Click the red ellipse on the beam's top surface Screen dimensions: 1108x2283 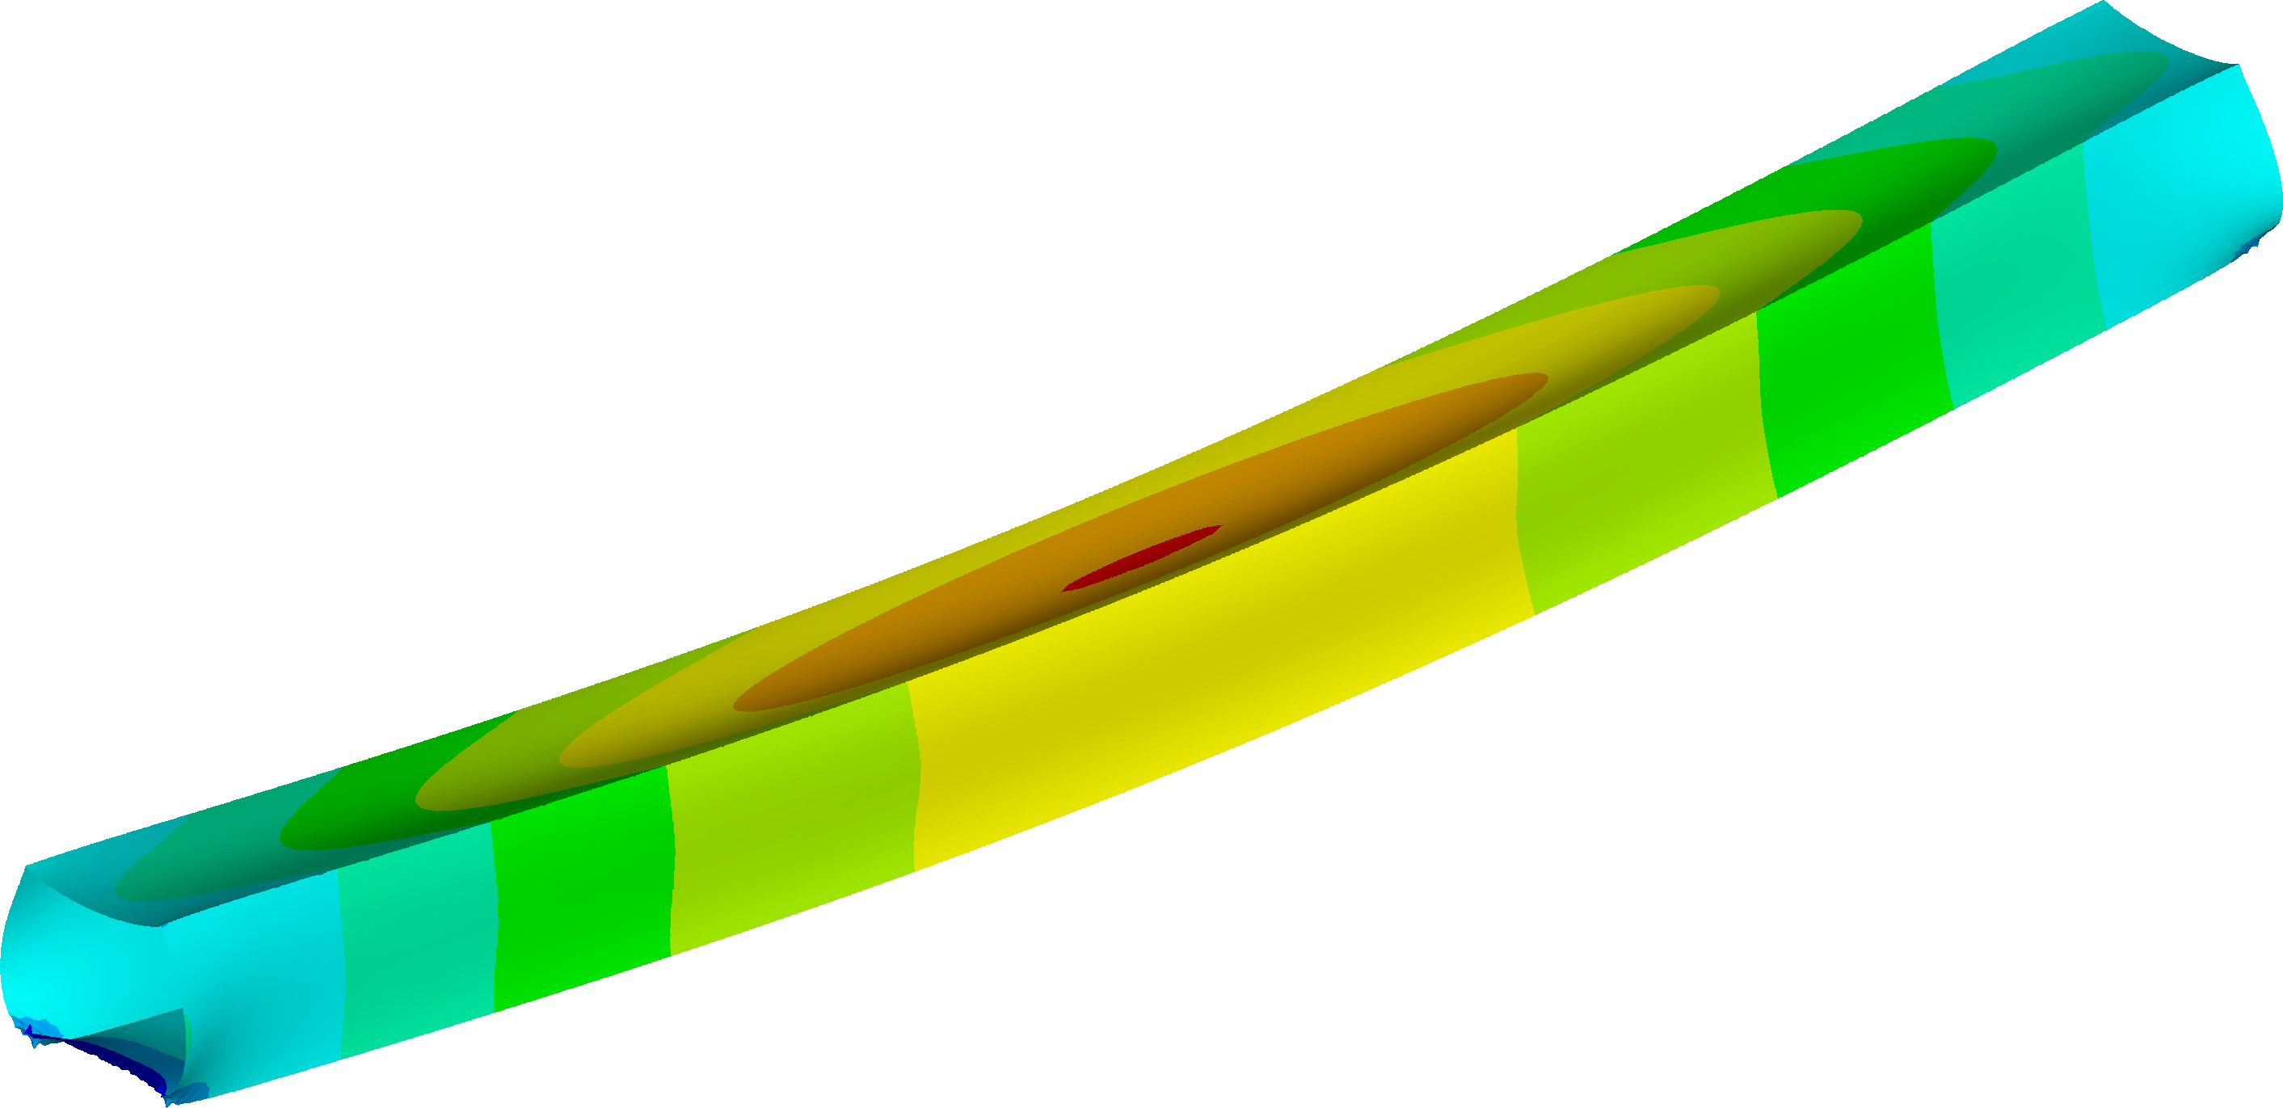pyautogui.click(x=1144, y=558)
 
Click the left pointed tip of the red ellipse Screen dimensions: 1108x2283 pyautogui.click(x=1065, y=588)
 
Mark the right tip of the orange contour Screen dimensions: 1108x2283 pyautogui.click(x=1547, y=378)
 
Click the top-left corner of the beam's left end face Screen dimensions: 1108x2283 pyautogui.click(x=27, y=866)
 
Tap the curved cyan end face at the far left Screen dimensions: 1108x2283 pyautogui.click(x=53, y=967)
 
